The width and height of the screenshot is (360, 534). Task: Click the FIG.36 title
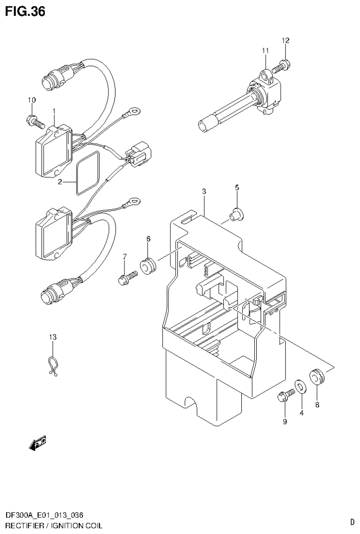coord(25,11)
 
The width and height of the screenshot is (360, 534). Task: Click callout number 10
coord(32,100)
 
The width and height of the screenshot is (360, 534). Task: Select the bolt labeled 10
coord(35,122)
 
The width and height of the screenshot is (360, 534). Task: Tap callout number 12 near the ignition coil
coord(285,40)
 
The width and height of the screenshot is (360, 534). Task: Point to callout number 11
coord(265,50)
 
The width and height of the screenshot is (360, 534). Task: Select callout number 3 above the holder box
coord(204,191)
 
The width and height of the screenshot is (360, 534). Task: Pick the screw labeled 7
coord(126,278)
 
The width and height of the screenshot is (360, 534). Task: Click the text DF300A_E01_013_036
coord(45,516)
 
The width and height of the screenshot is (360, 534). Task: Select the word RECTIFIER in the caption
coord(23,525)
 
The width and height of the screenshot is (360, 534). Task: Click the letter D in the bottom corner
coord(352,521)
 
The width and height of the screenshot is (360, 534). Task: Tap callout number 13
coord(53,337)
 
